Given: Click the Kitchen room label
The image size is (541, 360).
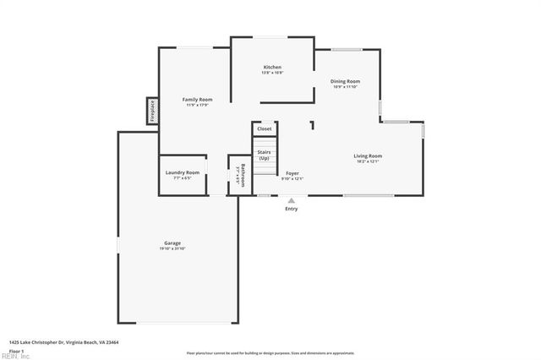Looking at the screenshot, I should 272,67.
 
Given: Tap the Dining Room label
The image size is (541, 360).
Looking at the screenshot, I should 345,81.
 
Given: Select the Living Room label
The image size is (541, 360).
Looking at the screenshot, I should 368,155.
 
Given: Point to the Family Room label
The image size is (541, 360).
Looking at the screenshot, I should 198,99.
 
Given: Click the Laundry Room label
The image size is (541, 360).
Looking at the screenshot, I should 183,172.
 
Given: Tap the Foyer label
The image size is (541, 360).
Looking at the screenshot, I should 292,173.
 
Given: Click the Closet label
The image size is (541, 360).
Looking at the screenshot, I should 265,128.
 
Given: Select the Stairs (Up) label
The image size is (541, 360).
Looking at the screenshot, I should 264,155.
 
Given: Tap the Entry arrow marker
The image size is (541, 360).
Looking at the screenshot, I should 292,199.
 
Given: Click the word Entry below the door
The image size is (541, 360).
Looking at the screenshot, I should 292,208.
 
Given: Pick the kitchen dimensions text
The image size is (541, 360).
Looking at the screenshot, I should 272,73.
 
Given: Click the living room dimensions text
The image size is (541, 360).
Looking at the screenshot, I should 368,161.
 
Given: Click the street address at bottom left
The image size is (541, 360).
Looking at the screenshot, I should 63,342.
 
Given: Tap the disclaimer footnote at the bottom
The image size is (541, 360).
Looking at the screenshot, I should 270,353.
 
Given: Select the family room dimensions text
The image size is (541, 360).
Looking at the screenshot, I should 198,105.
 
